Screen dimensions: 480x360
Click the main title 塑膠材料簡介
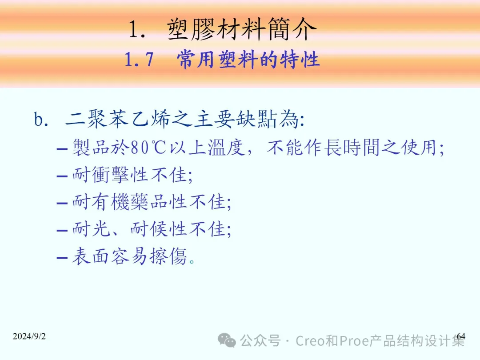(x=242, y=29)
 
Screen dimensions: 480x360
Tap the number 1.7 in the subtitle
(x=139, y=59)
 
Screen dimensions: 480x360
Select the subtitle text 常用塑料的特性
(x=248, y=59)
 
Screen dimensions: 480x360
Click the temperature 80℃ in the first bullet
(x=148, y=148)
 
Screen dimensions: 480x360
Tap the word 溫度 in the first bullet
(x=227, y=148)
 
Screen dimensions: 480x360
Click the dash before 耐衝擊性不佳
(x=62, y=176)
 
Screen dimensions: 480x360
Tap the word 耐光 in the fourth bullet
(x=91, y=229)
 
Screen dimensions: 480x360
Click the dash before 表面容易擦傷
(x=62, y=257)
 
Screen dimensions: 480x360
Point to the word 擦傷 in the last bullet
(x=168, y=256)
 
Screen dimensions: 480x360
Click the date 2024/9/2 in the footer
(x=29, y=336)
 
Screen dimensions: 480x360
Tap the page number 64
(x=461, y=336)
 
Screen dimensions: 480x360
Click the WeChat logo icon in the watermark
(x=227, y=340)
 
